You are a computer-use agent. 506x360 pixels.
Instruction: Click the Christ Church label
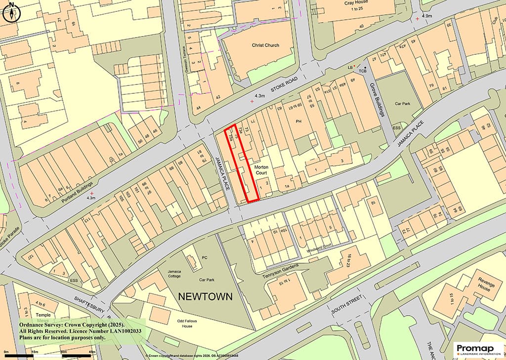265,45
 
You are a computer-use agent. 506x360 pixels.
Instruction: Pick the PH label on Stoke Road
298,121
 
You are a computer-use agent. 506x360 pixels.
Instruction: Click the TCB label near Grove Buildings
363,71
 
